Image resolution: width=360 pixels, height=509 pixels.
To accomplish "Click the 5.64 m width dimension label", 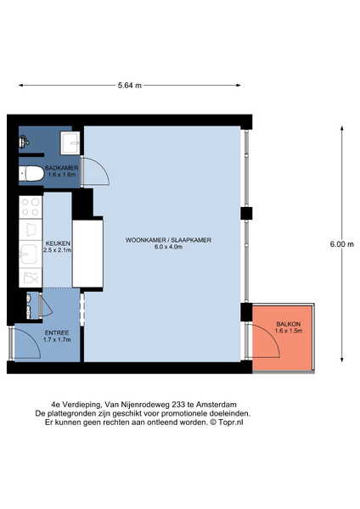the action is coord(130,86).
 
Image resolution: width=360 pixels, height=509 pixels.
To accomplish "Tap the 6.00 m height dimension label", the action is coord(342,244).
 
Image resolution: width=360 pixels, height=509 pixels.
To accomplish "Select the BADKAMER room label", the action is coord(62,167).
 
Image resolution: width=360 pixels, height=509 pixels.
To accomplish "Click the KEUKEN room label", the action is coord(58,243).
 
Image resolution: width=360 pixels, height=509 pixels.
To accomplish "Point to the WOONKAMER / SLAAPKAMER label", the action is coord(168,240).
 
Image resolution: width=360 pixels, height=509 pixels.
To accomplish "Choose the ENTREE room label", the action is coord(57,333).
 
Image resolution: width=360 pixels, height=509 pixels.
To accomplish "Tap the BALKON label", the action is coord(288,324).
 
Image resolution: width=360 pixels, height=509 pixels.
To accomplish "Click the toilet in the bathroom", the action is coord(31,174).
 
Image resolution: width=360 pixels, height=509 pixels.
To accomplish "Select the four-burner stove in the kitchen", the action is coord(31,207).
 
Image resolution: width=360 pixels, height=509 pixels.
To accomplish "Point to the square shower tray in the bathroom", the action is coord(70,143).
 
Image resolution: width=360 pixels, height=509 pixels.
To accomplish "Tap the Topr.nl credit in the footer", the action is coord(231,422).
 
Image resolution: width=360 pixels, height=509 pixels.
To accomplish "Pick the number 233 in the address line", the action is coord(179,405).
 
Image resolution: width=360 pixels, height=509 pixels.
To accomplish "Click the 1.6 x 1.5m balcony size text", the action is coord(288,331).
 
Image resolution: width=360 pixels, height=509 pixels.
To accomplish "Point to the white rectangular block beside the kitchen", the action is coord(87,253).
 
